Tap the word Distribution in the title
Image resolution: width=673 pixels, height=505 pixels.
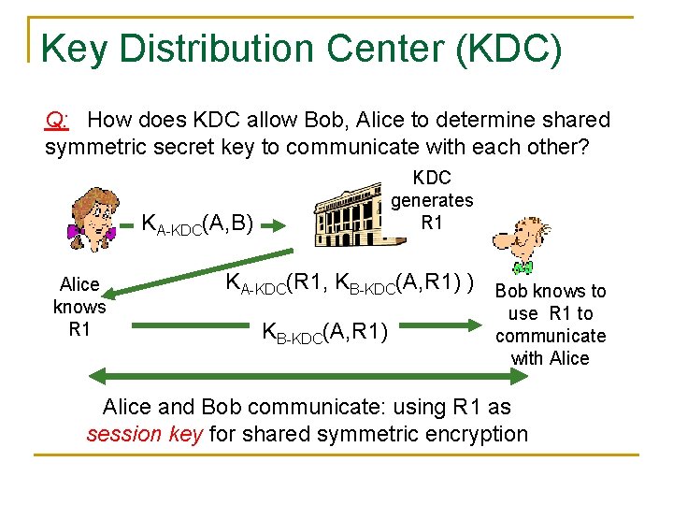pos(270,49)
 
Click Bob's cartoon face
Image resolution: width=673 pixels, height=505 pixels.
pos(520,239)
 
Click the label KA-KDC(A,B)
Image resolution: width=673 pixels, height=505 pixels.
pos(197,224)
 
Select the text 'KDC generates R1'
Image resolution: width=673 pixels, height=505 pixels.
pos(431,200)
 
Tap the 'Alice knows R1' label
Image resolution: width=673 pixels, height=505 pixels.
pos(79,307)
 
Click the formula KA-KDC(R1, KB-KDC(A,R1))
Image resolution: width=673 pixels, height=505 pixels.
pos(350,282)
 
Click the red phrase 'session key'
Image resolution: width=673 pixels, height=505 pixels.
pos(145,434)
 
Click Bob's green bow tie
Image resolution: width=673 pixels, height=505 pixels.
pos(523,267)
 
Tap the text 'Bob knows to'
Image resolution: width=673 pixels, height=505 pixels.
pos(551,291)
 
